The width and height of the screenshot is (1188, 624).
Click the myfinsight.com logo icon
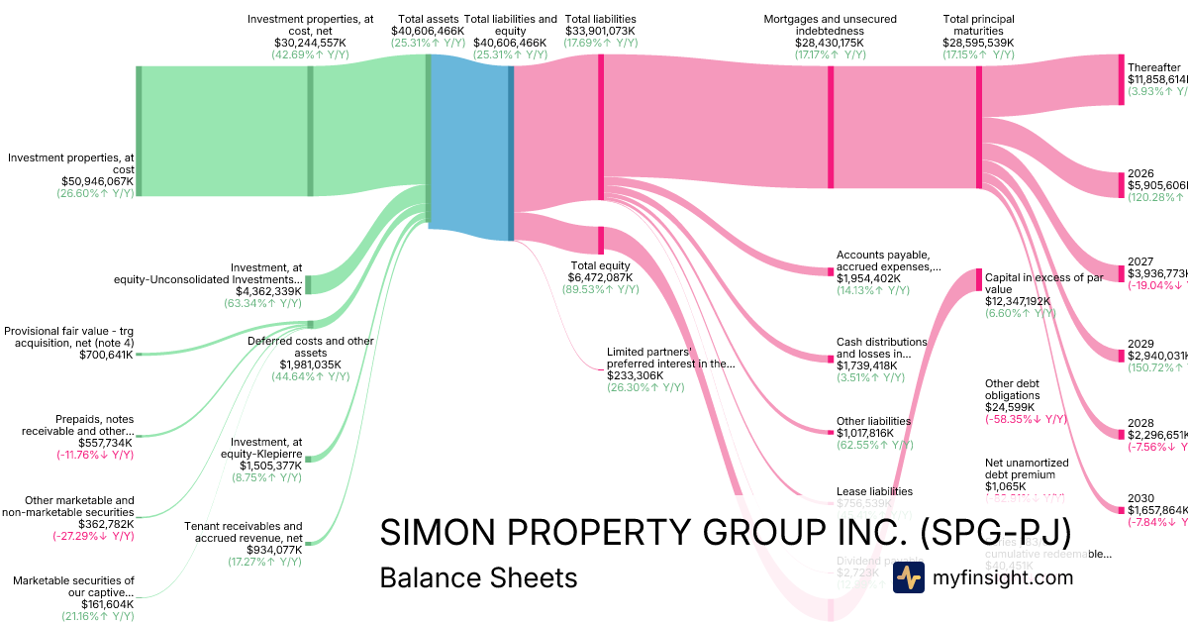click(x=909, y=577)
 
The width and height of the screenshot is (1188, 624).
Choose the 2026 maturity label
click(x=1140, y=173)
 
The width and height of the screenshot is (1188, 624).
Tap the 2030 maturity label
click(x=1140, y=498)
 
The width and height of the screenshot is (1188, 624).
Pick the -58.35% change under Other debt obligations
click(x=1026, y=419)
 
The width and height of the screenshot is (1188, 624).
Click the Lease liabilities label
click(x=874, y=491)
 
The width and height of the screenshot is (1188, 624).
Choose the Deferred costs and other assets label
click(x=310, y=347)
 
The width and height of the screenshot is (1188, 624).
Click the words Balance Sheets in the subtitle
click(x=478, y=576)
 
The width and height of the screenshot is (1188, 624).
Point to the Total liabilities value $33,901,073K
click(x=600, y=44)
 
